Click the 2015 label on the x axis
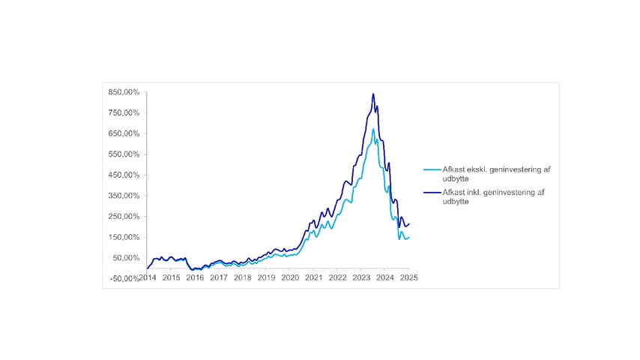pyautogui.click(x=171, y=277)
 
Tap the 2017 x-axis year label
pyautogui.click(x=218, y=277)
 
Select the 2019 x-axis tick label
pyautogui.click(x=266, y=277)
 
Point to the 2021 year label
pyautogui.click(x=313, y=277)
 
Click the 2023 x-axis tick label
pyautogui.click(x=361, y=277)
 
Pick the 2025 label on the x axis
pyautogui.click(x=408, y=277)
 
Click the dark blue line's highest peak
pyautogui.click(x=373, y=94)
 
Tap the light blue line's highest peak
pyautogui.click(x=373, y=129)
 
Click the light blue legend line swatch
pyautogui.click(x=431, y=169)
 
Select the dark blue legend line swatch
pyautogui.click(x=431, y=193)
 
